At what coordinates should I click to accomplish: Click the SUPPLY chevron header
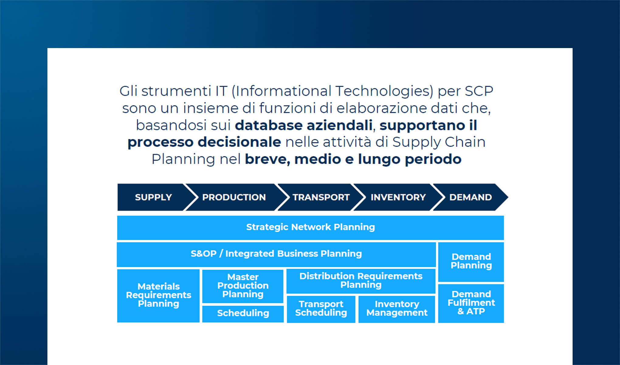click(153, 197)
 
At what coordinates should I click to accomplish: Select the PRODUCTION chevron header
click(234, 197)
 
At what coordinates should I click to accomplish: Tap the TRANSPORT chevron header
click(321, 197)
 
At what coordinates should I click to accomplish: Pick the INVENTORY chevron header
click(398, 197)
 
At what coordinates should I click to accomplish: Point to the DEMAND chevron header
click(470, 197)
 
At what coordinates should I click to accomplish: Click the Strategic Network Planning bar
click(310, 227)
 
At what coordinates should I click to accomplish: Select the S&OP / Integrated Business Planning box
click(276, 254)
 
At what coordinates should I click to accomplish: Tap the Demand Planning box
click(471, 261)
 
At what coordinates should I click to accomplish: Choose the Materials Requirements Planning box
click(158, 295)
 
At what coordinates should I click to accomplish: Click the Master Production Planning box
click(243, 286)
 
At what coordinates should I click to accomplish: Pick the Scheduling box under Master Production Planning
click(243, 313)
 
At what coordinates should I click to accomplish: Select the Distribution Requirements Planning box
click(361, 280)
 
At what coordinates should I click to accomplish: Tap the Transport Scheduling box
click(321, 308)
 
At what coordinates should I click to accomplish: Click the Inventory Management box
click(397, 308)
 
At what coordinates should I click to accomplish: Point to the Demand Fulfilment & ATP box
click(471, 303)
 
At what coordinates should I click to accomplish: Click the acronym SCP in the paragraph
click(479, 91)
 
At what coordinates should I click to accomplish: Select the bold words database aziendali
click(304, 125)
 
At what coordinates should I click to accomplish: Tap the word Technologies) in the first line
click(384, 91)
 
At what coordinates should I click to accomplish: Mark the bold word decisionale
click(239, 142)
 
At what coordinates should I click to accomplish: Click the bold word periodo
click(433, 159)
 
